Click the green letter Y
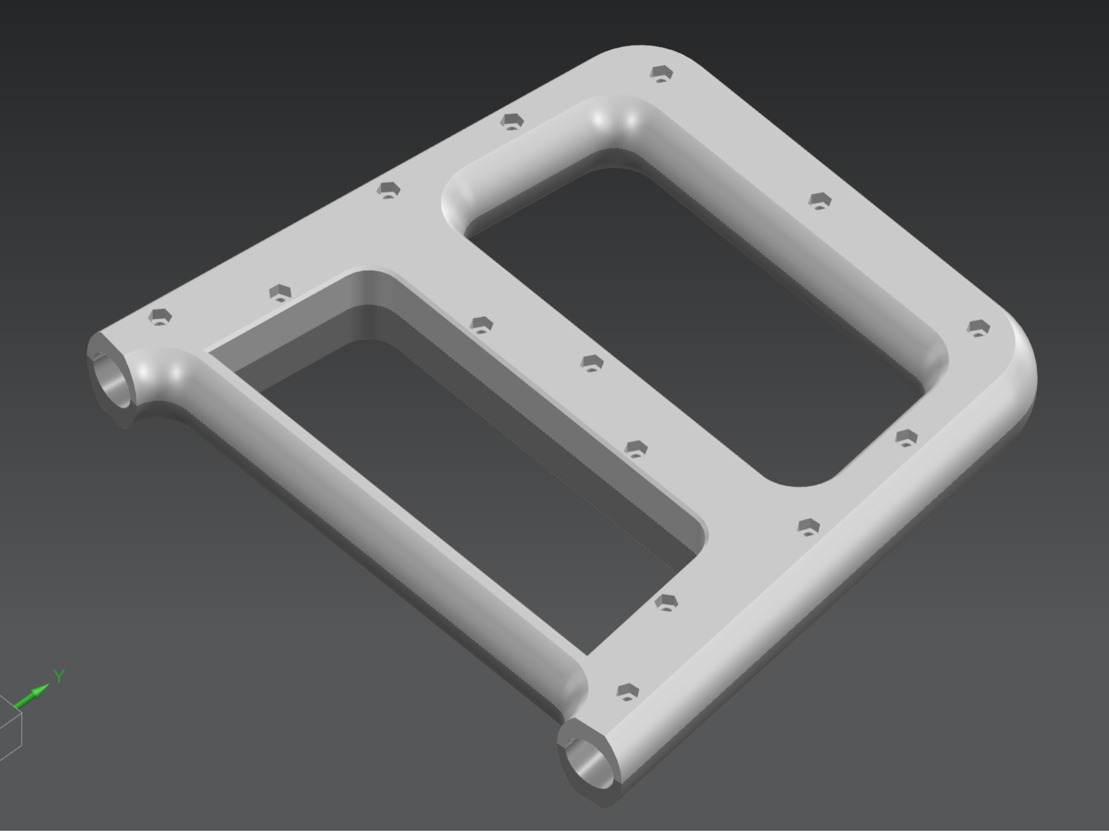click(x=59, y=676)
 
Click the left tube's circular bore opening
click(x=112, y=384)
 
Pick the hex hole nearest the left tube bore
click(x=160, y=316)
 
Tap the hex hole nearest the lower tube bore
click(x=627, y=692)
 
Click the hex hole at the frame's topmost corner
click(x=662, y=74)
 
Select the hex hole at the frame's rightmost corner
click(x=978, y=328)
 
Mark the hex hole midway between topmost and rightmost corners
click(x=819, y=200)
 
